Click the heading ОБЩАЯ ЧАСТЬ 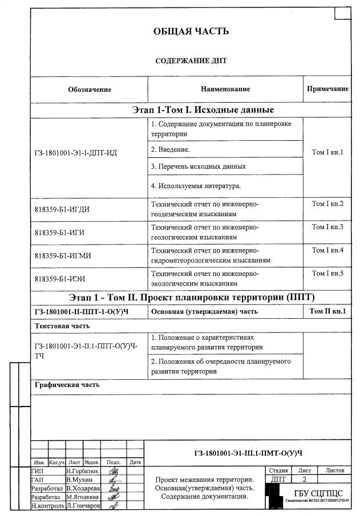point(191,31)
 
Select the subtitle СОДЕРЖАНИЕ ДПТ point(191,60)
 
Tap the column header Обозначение point(90,90)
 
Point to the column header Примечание point(327,89)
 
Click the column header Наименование point(225,89)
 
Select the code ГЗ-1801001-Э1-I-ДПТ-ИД point(75,153)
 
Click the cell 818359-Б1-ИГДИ point(62,209)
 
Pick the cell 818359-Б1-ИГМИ point(63,255)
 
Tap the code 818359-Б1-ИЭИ point(61,279)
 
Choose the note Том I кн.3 point(327,227)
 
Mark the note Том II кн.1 point(327,311)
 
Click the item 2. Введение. point(170,149)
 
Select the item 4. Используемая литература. point(196,185)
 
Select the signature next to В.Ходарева point(114,489)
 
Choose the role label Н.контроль point(47,506)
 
